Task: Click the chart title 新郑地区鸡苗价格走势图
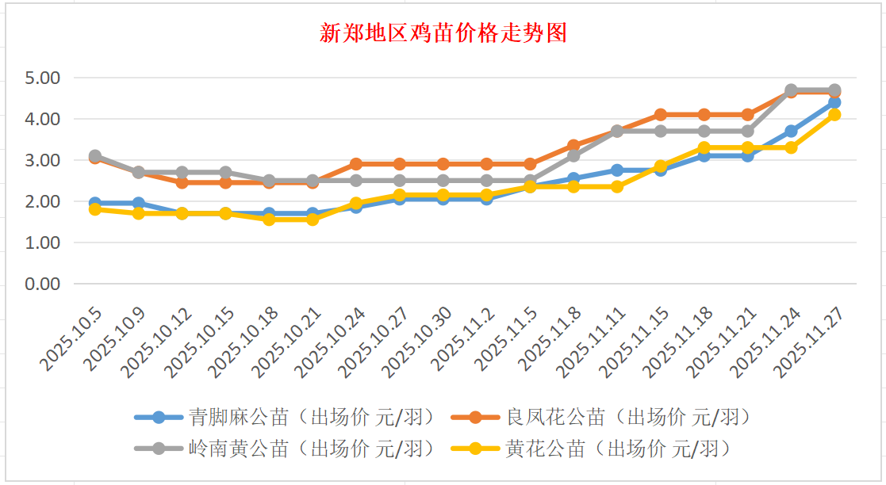[443, 33]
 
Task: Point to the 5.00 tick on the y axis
[43, 78]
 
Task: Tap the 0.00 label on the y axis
[43, 284]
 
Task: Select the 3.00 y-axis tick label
[43, 160]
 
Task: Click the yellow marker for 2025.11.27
[834, 115]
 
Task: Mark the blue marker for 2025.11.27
[834, 102]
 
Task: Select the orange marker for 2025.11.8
[573, 146]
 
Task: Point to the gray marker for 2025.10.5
[95, 156]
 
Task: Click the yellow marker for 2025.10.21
[313, 220]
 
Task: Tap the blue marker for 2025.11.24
[791, 131]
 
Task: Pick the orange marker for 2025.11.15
[661, 115]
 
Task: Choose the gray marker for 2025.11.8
[573, 156]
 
